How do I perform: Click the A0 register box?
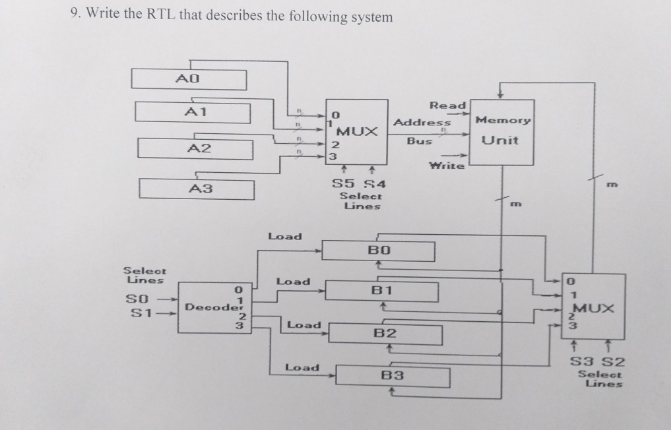[189, 79]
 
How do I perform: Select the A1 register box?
[193, 111]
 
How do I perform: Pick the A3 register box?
[197, 189]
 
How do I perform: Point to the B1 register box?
[383, 290]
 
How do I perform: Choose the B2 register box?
[386, 333]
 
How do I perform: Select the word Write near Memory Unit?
[447, 166]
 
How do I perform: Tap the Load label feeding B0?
[284, 236]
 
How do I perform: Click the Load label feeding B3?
[302, 367]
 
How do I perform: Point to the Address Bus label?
[421, 131]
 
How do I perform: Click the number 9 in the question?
[75, 16]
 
